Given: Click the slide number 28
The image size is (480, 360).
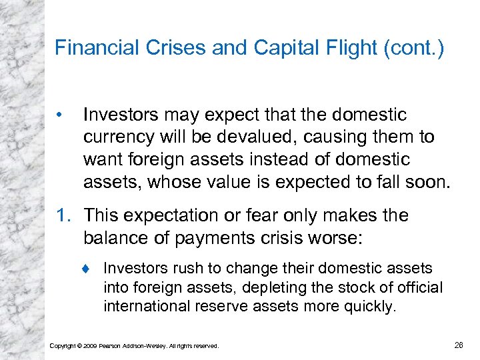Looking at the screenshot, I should point(459,345).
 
